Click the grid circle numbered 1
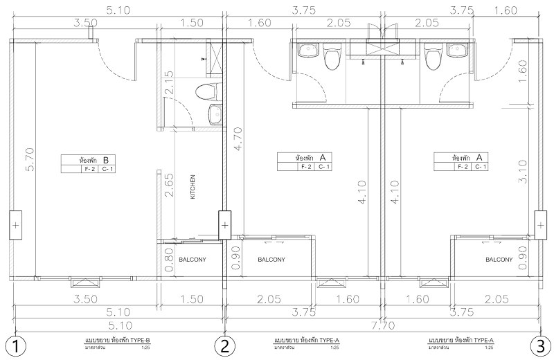[15, 346]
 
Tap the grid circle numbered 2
[224, 346]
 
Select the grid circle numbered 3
[540, 346]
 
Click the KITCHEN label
[193, 187]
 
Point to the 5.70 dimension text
[30, 159]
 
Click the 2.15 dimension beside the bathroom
[169, 82]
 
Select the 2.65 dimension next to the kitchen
[169, 185]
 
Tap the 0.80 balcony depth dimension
[169, 260]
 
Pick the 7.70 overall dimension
[384, 325]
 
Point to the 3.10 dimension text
[524, 172]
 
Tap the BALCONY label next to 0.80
[193, 260]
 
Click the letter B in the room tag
[106, 160]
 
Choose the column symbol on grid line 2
[224, 225]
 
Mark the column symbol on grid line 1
[15, 225]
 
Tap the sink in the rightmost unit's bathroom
[458, 50]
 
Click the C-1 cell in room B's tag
[107, 169]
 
